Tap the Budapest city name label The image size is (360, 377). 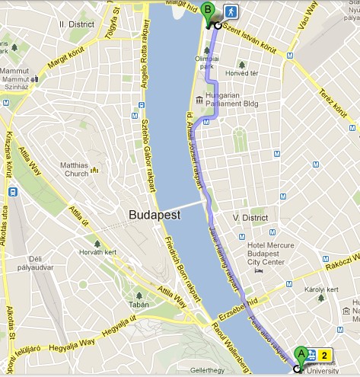[155, 215]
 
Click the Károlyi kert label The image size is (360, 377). [320, 290]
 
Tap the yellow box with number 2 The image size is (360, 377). [326, 355]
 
